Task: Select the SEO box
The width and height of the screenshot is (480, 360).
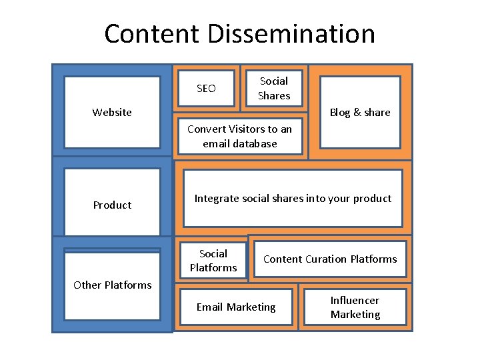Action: (x=206, y=88)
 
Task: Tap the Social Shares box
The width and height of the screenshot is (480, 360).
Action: (x=274, y=88)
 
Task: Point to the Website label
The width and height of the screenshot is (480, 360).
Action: (x=112, y=112)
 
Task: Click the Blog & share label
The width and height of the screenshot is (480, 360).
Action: (x=360, y=112)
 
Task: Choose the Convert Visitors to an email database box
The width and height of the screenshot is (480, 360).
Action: (x=239, y=136)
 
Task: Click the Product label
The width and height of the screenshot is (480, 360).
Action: (x=112, y=205)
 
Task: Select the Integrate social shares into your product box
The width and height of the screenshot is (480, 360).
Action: (x=293, y=198)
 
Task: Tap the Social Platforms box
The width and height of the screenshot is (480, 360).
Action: (x=213, y=261)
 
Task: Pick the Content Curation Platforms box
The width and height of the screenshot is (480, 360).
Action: (x=330, y=259)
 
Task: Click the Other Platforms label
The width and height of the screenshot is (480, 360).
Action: (x=112, y=285)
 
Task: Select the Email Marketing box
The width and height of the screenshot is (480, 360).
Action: (x=235, y=307)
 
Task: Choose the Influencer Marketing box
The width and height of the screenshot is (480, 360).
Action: (x=355, y=307)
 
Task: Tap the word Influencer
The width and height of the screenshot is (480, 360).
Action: (x=355, y=301)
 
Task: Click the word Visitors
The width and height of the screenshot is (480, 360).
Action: (x=248, y=129)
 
